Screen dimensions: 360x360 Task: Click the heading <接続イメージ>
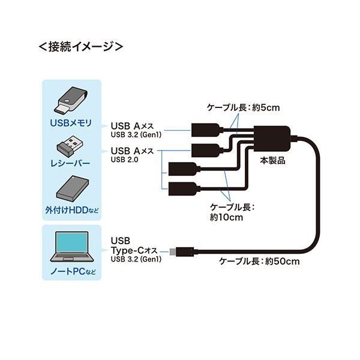click(x=81, y=47)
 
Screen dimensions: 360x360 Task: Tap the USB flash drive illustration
click(x=71, y=100)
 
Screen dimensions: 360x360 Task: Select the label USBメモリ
click(x=71, y=123)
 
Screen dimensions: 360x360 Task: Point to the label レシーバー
click(x=70, y=163)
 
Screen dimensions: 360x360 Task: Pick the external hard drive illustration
click(x=73, y=188)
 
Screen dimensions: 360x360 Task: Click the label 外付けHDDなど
click(x=71, y=210)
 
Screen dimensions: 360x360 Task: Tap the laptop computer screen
click(x=72, y=242)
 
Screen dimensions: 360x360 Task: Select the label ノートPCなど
click(x=73, y=272)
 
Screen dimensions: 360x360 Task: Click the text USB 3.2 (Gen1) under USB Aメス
click(x=136, y=134)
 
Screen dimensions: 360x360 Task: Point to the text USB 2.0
click(x=124, y=160)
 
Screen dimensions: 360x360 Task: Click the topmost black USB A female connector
click(x=207, y=130)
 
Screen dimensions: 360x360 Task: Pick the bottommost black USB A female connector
click(x=184, y=189)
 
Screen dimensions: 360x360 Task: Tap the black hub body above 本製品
click(x=272, y=138)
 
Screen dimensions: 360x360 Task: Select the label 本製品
click(x=273, y=160)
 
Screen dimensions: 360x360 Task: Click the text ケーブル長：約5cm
click(x=243, y=107)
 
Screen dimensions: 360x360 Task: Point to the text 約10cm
click(x=226, y=217)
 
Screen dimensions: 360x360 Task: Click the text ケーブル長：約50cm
click(x=259, y=261)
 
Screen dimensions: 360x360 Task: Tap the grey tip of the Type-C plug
click(x=173, y=252)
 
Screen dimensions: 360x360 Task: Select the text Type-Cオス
click(x=134, y=250)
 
